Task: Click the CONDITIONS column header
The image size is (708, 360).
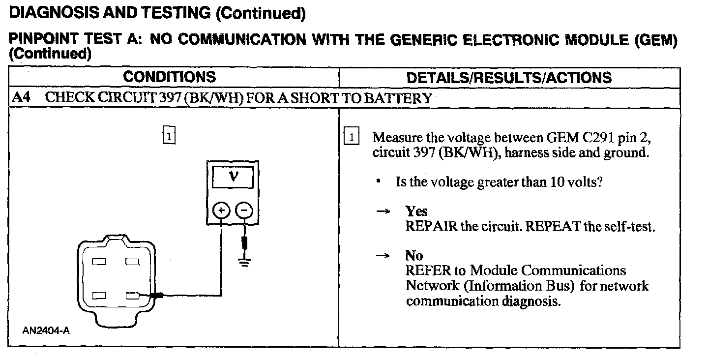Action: click(x=169, y=77)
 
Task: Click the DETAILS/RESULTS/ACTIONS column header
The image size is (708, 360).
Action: click(x=509, y=78)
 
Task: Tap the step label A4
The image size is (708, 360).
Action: click(x=21, y=97)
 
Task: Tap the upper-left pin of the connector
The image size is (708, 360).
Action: click(x=100, y=262)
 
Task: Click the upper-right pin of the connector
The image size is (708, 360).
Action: click(x=132, y=262)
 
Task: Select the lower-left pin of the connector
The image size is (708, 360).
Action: click(x=100, y=296)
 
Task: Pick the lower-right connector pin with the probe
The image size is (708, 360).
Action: click(x=132, y=296)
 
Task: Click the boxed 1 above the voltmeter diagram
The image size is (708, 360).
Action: click(x=169, y=134)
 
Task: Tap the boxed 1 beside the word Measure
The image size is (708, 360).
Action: click(x=353, y=136)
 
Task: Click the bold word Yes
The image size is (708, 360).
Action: click(x=416, y=211)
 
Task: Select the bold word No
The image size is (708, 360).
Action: click(x=414, y=255)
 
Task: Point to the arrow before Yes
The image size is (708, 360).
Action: click(x=383, y=211)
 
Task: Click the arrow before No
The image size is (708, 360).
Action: click(x=383, y=256)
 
